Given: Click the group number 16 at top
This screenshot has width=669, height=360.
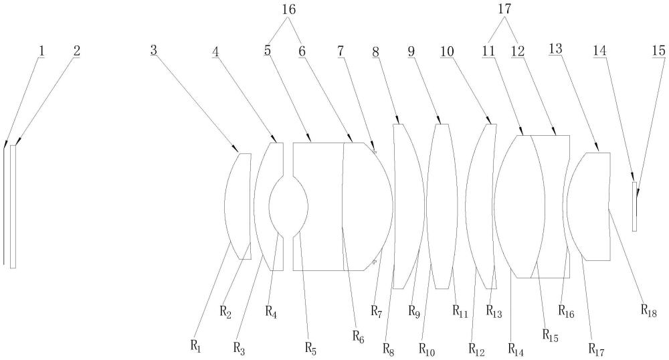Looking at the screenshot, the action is click(289, 10).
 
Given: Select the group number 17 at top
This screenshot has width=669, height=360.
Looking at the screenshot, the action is click(504, 10).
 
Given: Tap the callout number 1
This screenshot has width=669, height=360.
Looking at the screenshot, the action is click(41, 51).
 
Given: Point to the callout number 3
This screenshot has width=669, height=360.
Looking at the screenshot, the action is click(154, 50).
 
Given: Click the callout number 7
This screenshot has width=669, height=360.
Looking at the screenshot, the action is click(341, 51).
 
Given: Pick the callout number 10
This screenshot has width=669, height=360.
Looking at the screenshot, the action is click(448, 52).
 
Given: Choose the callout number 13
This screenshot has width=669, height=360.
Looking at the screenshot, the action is click(555, 50).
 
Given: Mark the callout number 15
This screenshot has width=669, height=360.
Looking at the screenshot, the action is click(659, 51).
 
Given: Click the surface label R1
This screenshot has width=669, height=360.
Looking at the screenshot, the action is click(195, 346).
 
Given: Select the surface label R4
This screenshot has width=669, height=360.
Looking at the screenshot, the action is click(272, 311).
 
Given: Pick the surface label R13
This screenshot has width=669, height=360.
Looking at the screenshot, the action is click(494, 311).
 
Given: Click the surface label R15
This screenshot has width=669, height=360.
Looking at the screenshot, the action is click(551, 335).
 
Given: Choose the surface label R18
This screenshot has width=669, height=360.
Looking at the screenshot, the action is click(648, 310).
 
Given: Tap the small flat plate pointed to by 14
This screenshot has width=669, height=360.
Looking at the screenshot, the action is click(634, 207).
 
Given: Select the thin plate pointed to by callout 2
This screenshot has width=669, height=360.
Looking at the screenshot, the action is click(13, 207).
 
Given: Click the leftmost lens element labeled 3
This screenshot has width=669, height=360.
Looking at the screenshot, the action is click(237, 206).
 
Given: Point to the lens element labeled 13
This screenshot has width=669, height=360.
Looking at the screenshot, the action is click(589, 207).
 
